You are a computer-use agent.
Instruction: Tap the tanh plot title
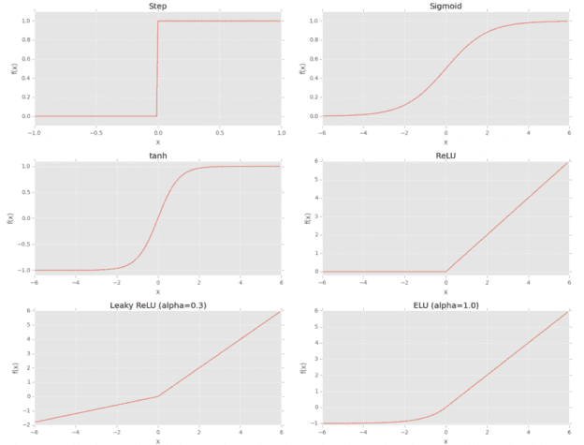(x=158, y=156)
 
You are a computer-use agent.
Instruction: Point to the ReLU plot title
(x=445, y=156)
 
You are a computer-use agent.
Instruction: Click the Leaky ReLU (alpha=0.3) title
(x=158, y=304)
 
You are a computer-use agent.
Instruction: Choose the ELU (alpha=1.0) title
(x=445, y=304)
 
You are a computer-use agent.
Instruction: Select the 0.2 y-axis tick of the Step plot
(x=25, y=97)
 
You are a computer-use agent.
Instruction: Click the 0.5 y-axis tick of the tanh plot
(x=25, y=192)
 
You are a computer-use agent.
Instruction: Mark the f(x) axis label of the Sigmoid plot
(x=299, y=68)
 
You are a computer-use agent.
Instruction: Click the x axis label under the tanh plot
(x=158, y=290)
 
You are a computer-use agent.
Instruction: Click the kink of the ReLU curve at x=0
(x=446, y=272)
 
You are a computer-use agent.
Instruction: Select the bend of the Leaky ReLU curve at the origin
(x=157, y=396)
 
